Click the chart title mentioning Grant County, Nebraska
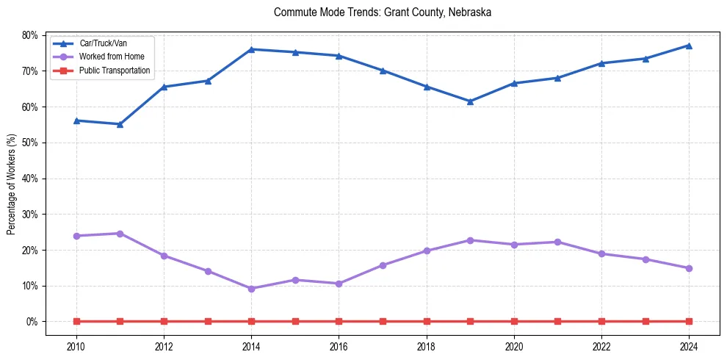[x=382, y=12]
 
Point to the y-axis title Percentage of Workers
[x=12, y=184]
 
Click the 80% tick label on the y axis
[x=30, y=35]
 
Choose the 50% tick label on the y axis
[x=30, y=143]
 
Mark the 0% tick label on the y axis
[x=32, y=322]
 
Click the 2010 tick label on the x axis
[x=76, y=346]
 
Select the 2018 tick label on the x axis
[x=427, y=346]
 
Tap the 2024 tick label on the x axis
[x=689, y=346]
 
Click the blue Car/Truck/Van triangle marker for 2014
[x=251, y=49]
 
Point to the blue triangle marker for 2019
[x=470, y=101]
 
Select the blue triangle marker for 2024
[x=689, y=46]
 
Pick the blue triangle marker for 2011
[x=120, y=124]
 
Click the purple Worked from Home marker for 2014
[x=251, y=289]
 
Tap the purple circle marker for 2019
[x=470, y=240]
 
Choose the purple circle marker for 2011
[x=120, y=234]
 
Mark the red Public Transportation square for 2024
[x=689, y=321]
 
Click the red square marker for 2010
[x=76, y=321]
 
